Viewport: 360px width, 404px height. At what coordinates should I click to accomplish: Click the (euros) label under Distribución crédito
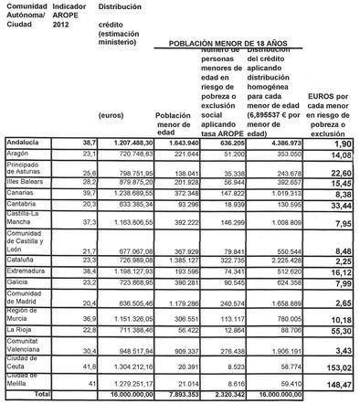point(112,115)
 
